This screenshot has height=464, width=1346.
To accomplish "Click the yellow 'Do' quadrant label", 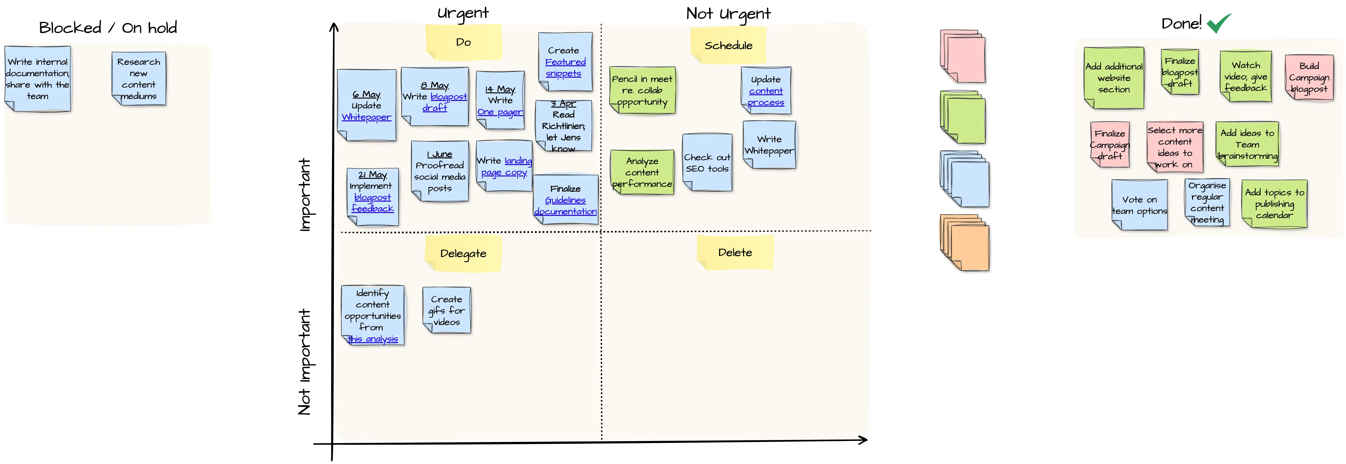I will coord(463,42).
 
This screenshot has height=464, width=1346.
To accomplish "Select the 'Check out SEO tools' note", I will coord(707,163).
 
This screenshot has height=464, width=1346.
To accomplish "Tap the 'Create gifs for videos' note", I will coord(447,311).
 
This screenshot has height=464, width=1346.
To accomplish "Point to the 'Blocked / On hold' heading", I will coord(108,28).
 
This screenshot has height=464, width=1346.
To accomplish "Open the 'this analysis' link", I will coord(373,339).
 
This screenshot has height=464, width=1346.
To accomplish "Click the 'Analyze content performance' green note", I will coord(642,172).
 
